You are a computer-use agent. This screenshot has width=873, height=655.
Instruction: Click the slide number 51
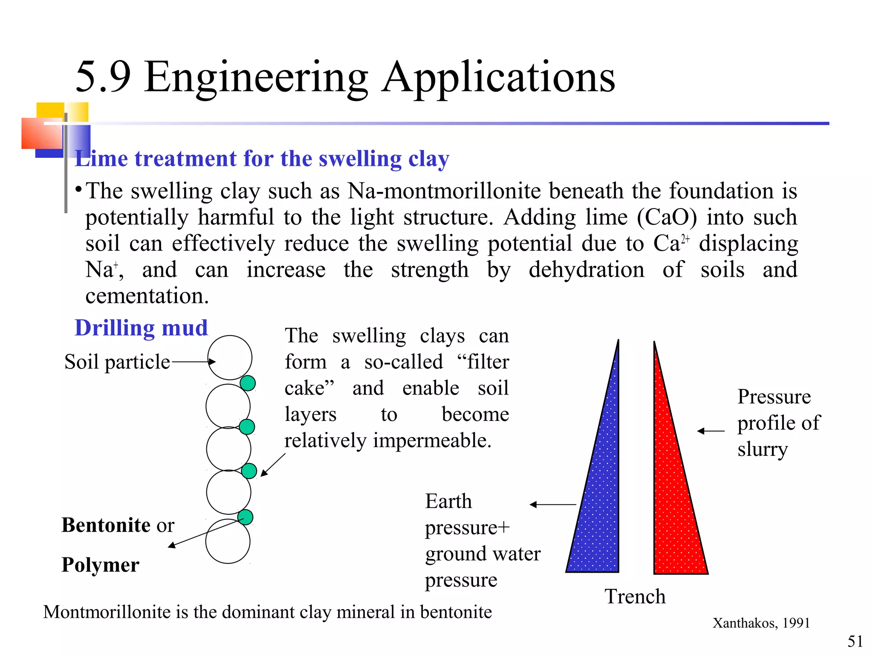pyautogui.click(x=855, y=641)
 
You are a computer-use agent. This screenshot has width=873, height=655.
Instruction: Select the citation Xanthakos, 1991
pyautogui.click(x=761, y=623)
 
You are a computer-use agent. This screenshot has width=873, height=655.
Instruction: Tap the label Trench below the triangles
pyautogui.click(x=635, y=596)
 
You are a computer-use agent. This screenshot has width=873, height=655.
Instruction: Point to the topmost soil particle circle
pyautogui.click(x=230, y=357)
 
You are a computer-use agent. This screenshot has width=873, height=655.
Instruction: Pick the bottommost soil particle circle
pyautogui.click(x=228, y=542)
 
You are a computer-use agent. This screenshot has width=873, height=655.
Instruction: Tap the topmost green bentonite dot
pyautogui.click(x=248, y=383)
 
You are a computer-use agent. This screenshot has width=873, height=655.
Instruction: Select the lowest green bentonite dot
pyautogui.click(x=245, y=517)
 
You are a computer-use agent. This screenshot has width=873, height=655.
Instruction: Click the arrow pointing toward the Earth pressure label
pyautogui.click(x=553, y=504)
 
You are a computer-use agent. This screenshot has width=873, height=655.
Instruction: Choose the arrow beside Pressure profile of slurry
pyautogui.click(x=711, y=431)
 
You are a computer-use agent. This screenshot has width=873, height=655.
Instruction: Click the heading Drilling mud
pyautogui.click(x=141, y=328)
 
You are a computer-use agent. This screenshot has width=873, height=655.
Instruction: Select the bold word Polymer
pyautogui.click(x=100, y=565)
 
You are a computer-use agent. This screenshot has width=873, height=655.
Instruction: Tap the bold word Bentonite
pyautogui.click(x=106, y=525)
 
